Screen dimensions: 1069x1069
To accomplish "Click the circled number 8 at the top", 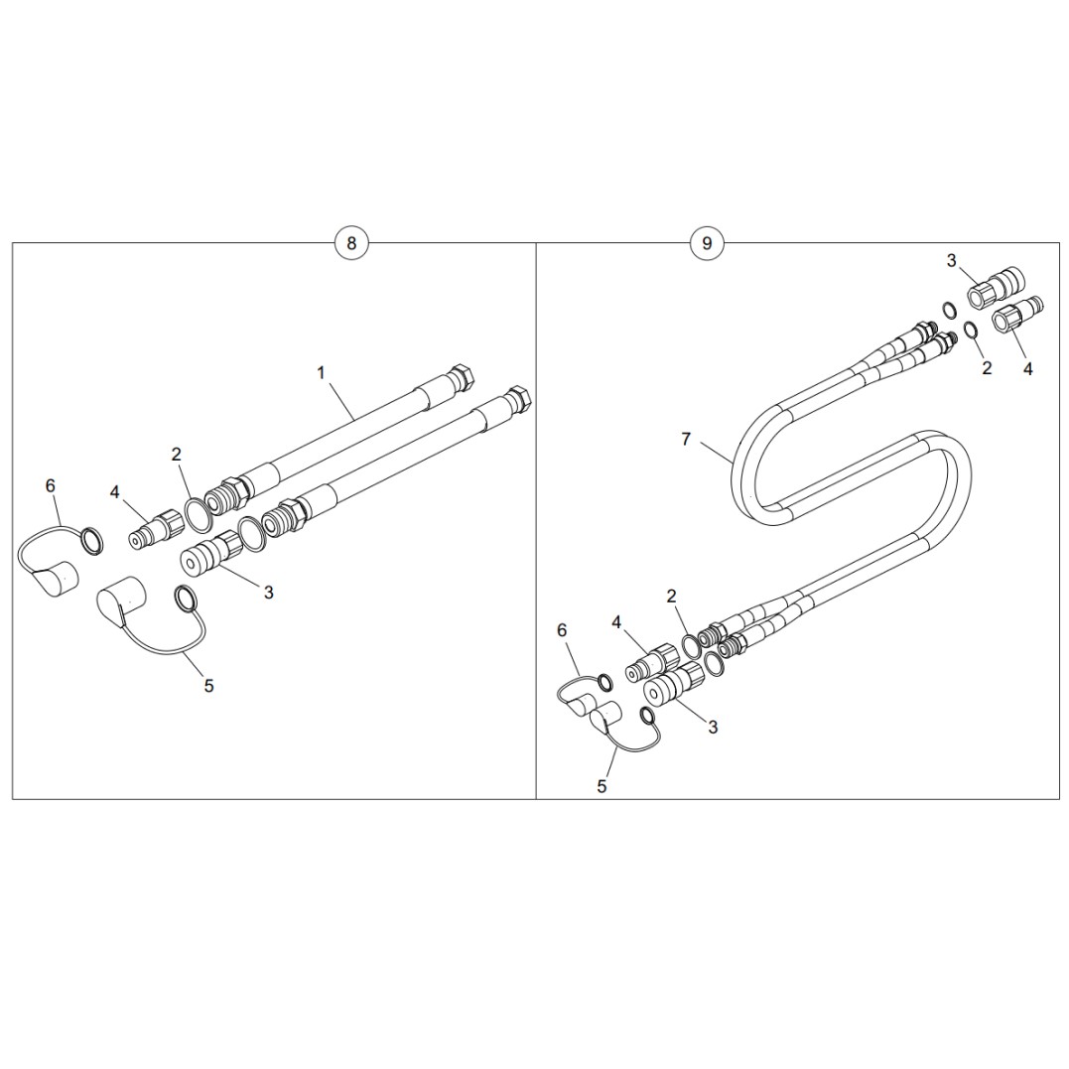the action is pyautogui.click(x=351, y=243).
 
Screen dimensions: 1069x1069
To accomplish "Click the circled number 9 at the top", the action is pyautogui.click(x=707, y=243).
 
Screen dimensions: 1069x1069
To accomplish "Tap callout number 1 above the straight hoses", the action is pyautogui.click(x=322, y=373).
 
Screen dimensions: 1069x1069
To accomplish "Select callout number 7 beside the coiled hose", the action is pyautogui.click(x=686, y=439).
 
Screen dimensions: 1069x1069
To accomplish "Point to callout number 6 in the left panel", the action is pyautogui.click(x=51, y=485).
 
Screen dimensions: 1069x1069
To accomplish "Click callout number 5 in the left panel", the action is pyautogui.click(x=208, y=685).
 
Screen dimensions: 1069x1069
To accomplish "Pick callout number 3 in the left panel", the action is pyautogui.click(x=269, y=593).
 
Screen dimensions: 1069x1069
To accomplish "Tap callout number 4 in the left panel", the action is pyautogui.click(x=114, y=491).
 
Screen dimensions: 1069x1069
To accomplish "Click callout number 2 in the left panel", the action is pyautogui.click(x=176, y=454).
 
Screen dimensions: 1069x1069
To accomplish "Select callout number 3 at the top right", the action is pyautogui.click(x=952, y=260).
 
